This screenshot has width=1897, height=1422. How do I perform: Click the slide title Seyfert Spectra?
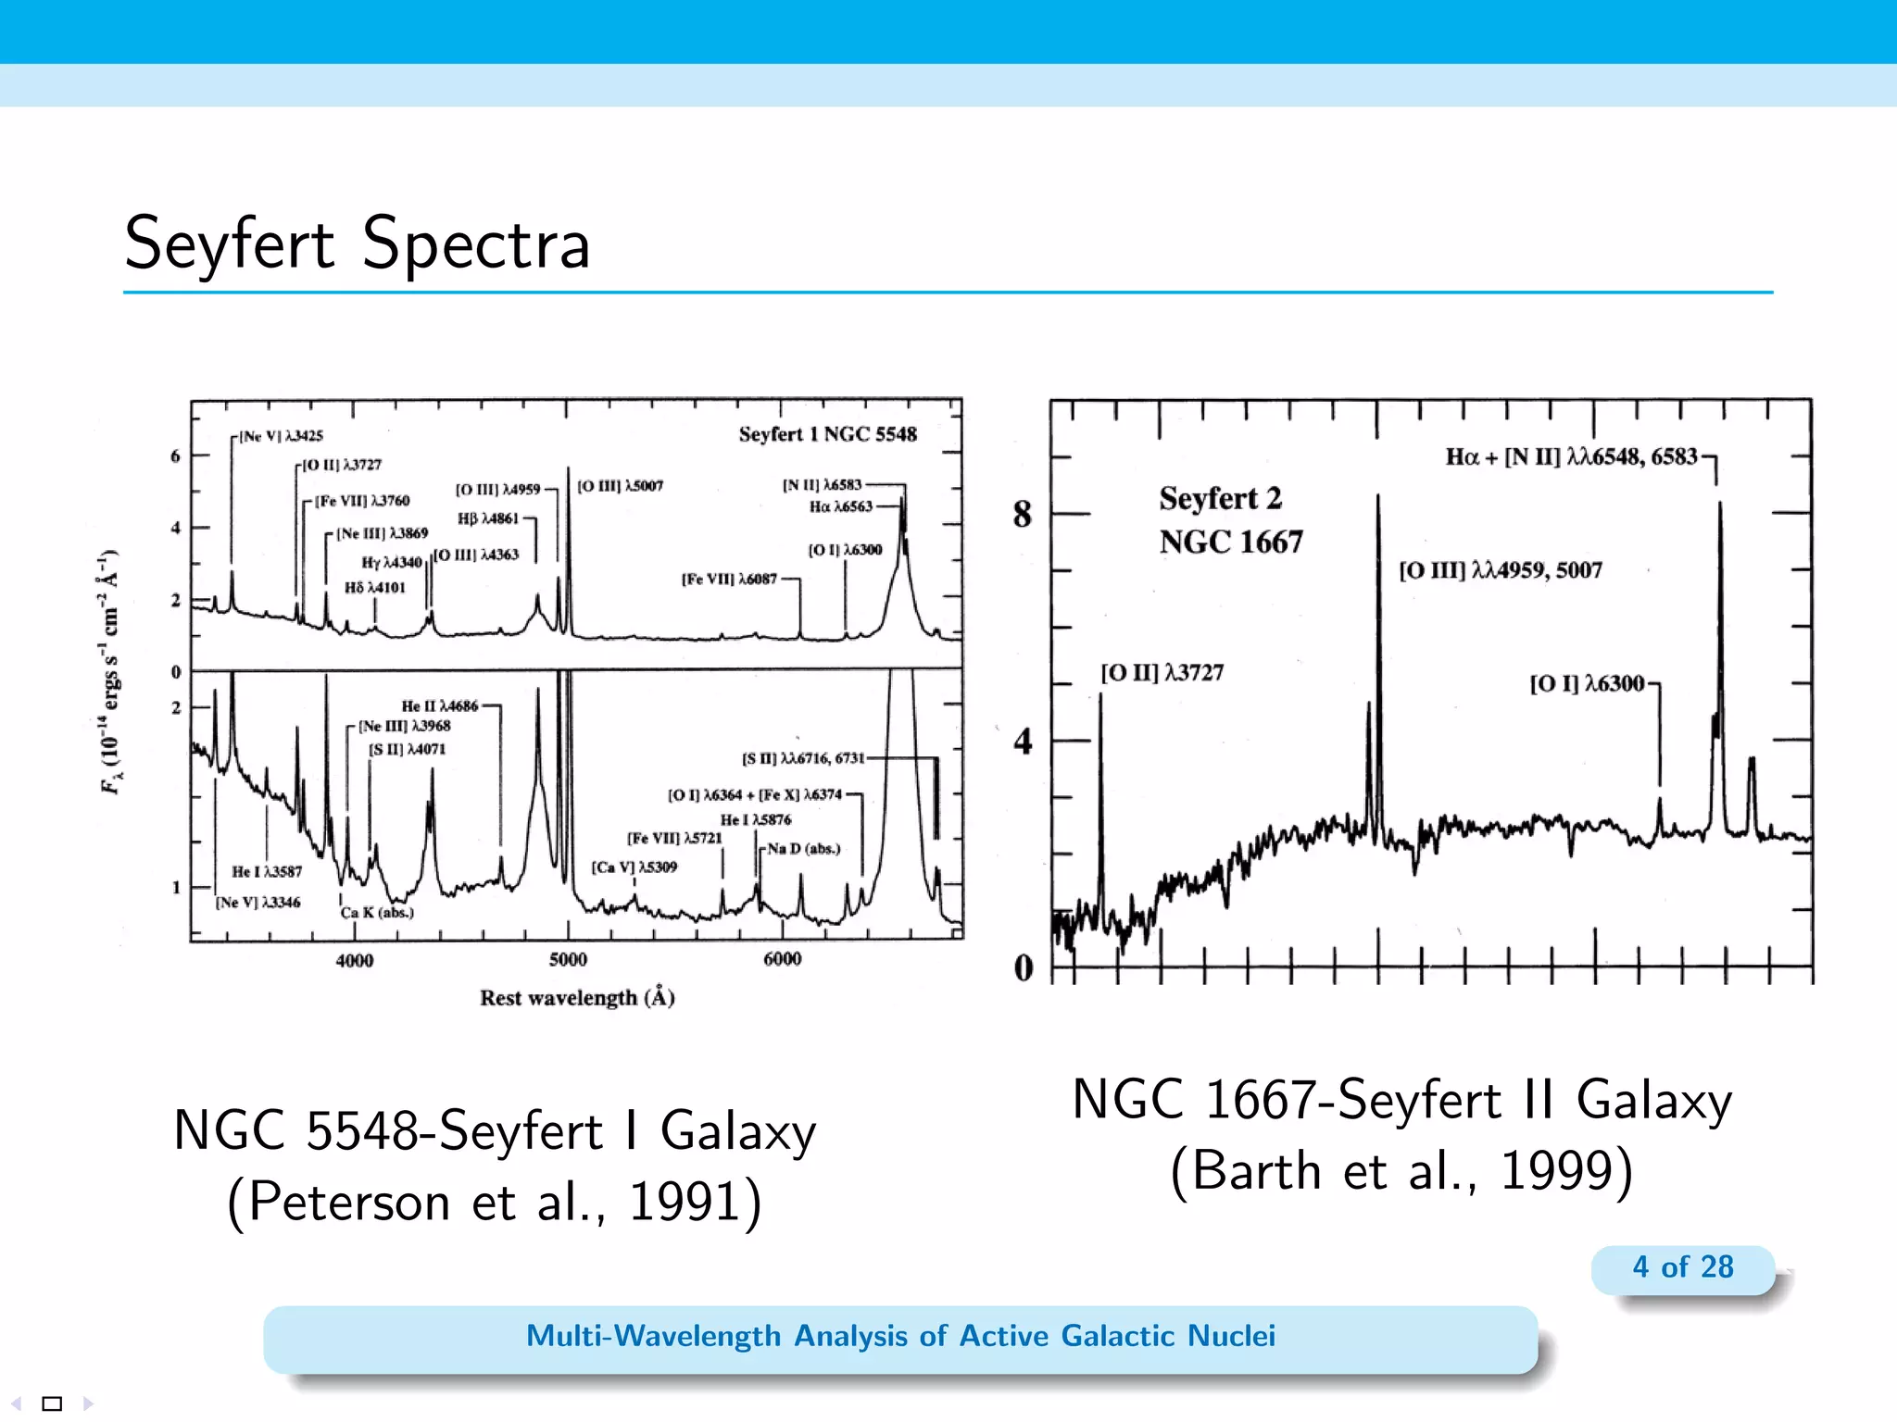tap(358, 243)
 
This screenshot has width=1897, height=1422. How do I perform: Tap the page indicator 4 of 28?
tap(1682, 1266)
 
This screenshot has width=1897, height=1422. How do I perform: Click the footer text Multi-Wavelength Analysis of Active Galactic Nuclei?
tap(900, 1336)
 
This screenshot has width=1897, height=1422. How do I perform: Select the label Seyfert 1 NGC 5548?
tap(827, 434)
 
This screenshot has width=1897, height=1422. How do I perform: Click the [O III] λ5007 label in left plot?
tap(621, 486)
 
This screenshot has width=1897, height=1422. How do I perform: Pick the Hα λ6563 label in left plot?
tap(841, 506)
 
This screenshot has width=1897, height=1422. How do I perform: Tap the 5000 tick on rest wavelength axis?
tap(567, 960)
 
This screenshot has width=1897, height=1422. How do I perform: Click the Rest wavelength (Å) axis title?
tap(577, 998)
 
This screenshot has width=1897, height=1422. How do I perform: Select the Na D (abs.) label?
tap(803, 849)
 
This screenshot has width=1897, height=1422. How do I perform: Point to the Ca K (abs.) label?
tap(377, 913)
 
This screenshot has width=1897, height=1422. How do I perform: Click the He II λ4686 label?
tap(440, 706)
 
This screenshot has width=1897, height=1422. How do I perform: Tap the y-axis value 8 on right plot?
tap(1022, 514)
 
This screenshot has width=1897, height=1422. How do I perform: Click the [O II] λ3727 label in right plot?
tap(1162, 673)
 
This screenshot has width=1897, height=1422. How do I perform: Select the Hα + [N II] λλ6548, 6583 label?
tap(1571, 457)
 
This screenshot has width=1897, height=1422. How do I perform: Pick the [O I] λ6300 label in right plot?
tap(1587, 684)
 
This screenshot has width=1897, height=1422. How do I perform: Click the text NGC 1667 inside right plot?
tap(1230, 542)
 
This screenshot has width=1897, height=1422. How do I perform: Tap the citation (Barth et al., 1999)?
tap(1401, 1171)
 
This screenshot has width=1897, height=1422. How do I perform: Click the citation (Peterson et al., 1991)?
tap(495, 1203)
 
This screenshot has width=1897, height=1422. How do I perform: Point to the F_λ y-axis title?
tap(110, 673)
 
